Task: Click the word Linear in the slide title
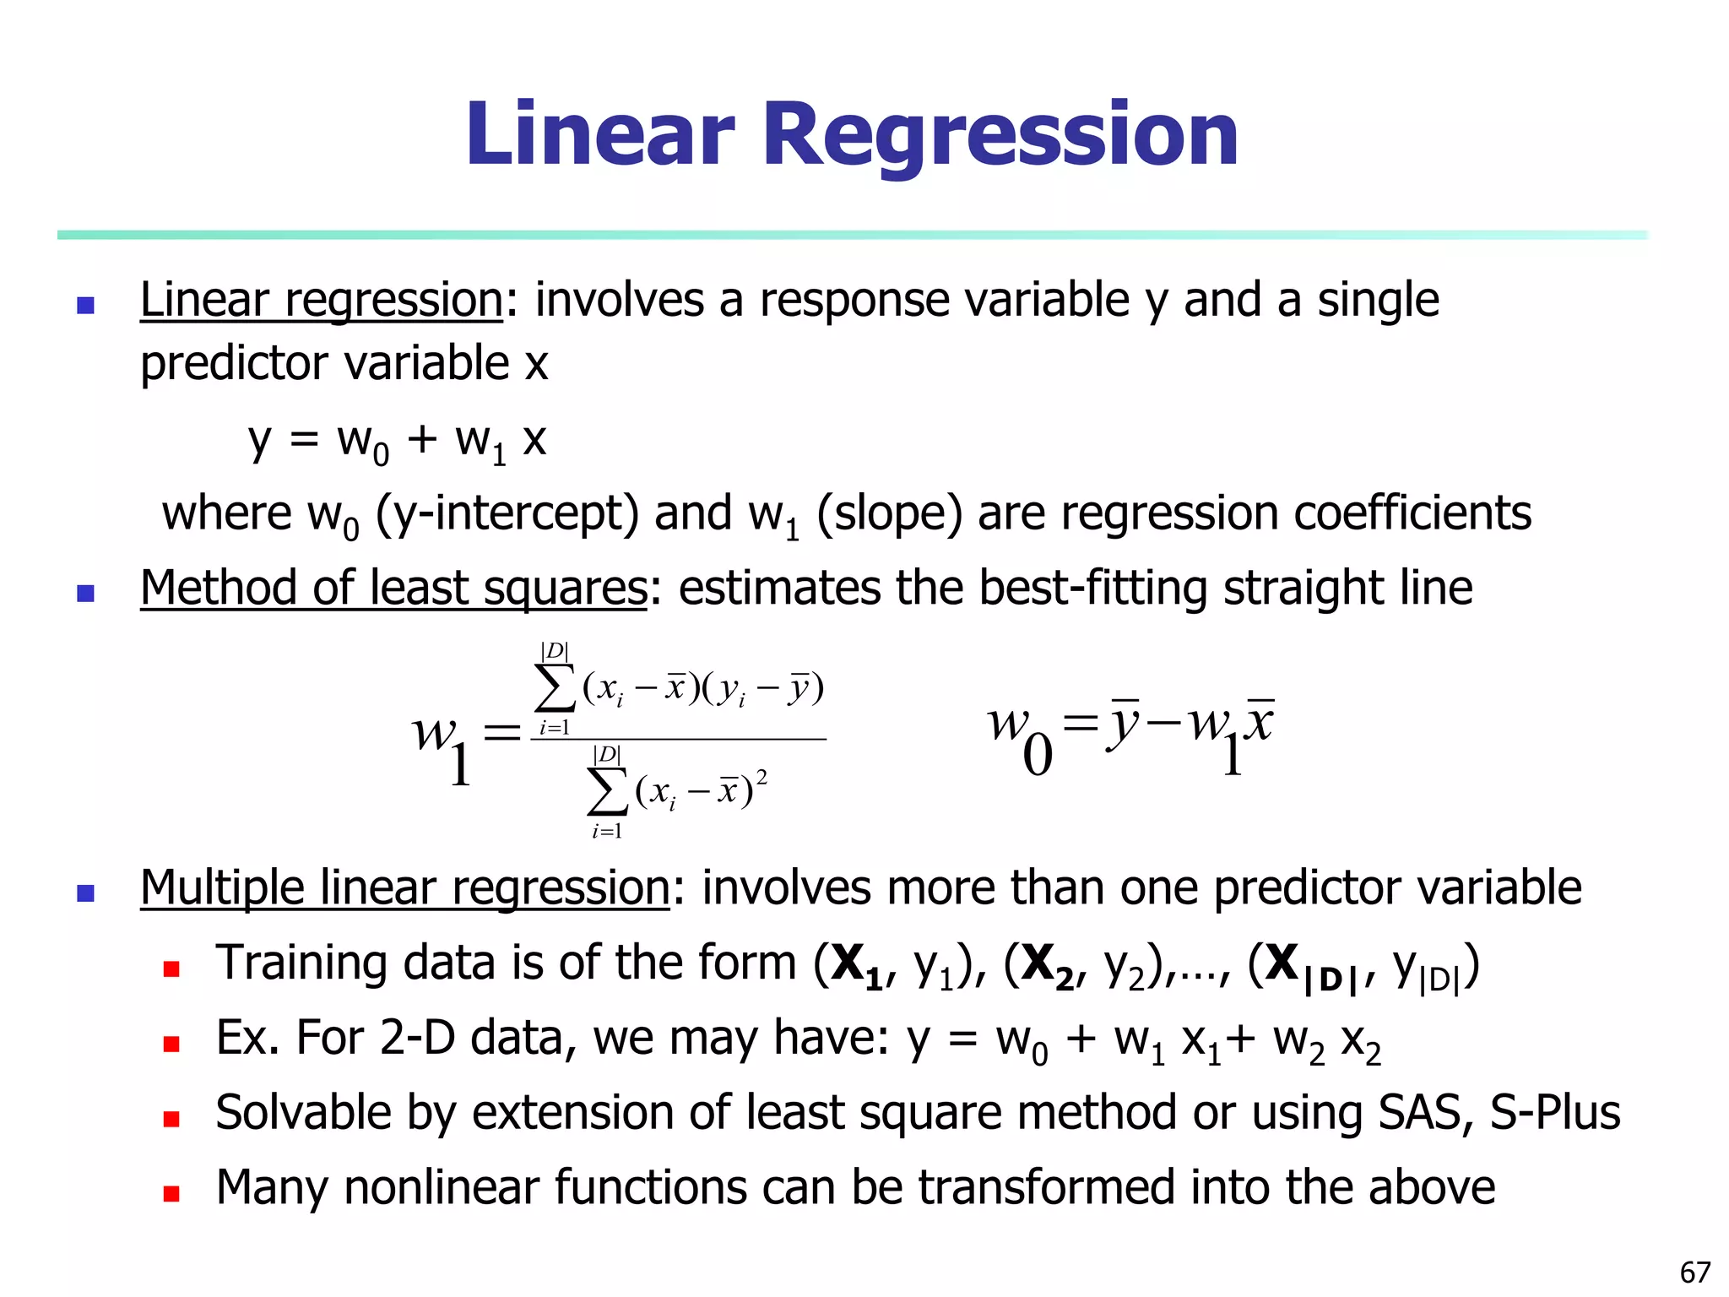pos(600,135)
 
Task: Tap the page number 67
pos(1695,1272)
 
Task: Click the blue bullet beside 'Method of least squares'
pos(85,593)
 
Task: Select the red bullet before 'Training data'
pos(171,969)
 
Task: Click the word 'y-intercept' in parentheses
pos(507,513)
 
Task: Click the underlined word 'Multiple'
pos(222,888)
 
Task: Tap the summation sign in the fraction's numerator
pos(555,689)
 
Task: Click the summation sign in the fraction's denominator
pos(607,792)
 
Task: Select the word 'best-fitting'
pos(1093,589)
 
